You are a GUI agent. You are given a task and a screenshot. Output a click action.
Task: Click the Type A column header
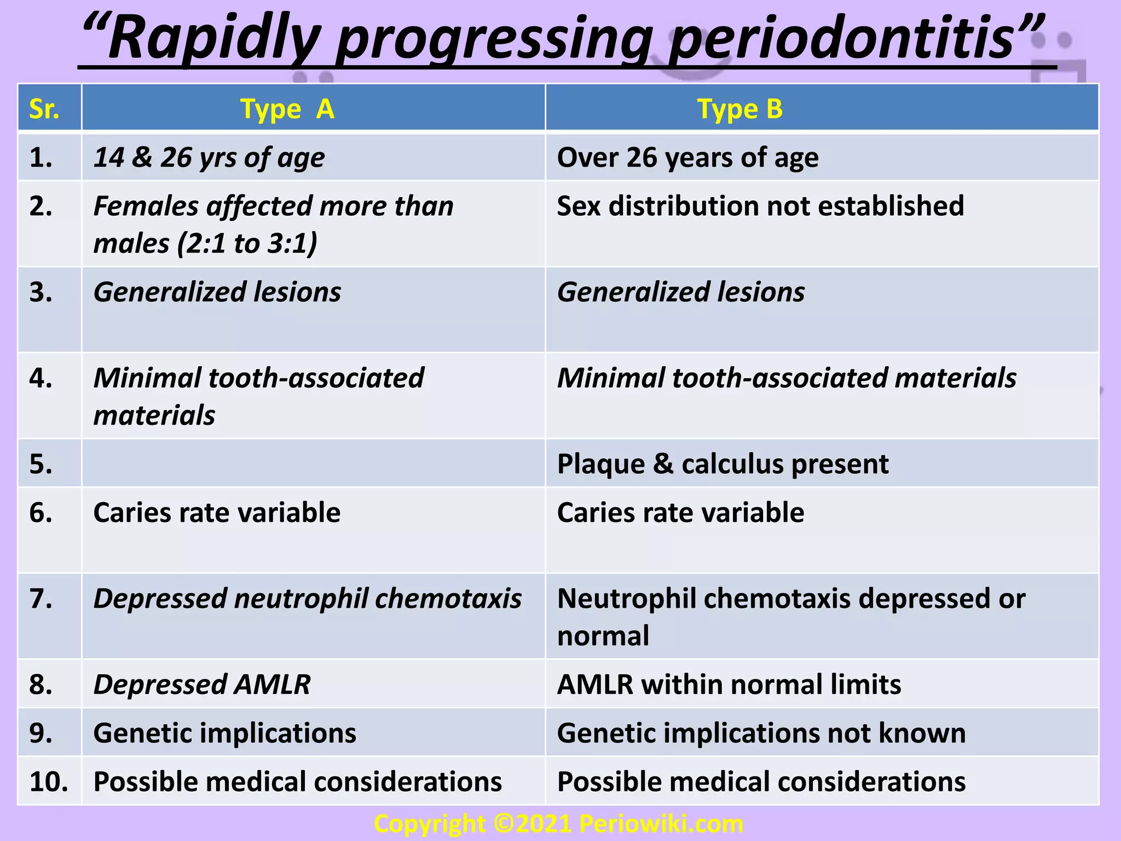[287, 109]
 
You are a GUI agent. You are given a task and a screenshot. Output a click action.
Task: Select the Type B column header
[740, 109]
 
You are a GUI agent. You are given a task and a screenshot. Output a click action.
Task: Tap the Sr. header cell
[44, 109]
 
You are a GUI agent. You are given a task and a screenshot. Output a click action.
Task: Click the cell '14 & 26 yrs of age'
[209, 158]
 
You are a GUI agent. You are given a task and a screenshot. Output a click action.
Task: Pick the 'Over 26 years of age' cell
[687, 158]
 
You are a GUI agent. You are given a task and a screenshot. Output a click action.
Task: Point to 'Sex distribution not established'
[760, 206]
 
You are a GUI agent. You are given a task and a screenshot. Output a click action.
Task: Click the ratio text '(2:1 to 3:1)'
[247, 243]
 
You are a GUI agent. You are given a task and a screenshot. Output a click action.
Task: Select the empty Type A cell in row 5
[313, 464]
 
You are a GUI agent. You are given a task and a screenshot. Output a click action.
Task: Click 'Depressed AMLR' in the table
[202, 684]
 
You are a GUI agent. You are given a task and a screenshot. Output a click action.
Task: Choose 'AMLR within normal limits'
[729, 684]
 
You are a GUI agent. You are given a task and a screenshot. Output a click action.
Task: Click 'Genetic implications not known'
[761, 733]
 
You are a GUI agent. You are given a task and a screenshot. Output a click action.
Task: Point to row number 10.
[49, 781]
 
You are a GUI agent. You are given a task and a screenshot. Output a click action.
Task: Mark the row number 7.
[41, 598]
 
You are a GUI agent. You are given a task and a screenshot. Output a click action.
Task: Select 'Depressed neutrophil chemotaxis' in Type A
[308, 598]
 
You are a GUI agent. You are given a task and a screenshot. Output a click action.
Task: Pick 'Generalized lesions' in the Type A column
[217, 292]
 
